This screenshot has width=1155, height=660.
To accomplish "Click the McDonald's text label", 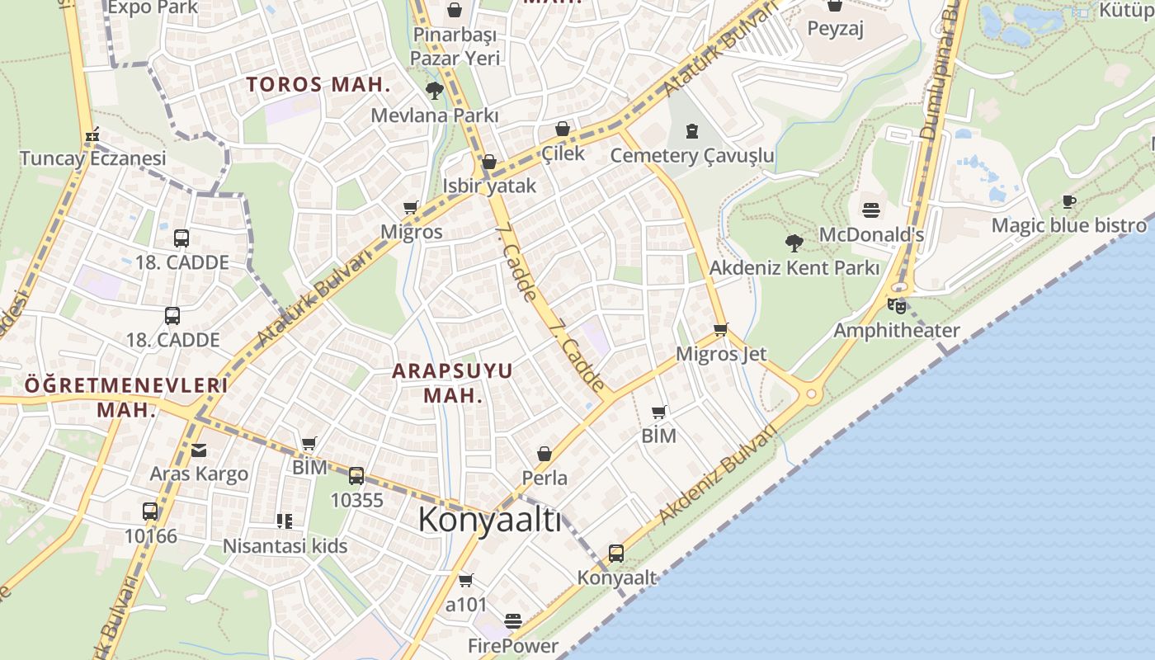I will (x=871, y=235).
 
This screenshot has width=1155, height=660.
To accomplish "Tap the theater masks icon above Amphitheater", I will (x=897, y=306).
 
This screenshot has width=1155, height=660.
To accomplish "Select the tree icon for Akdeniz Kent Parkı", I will (x=794, y=243).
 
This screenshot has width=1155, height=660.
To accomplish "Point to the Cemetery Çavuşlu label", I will (x=692, y=156).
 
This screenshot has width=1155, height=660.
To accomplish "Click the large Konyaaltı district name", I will (x=489, y=521).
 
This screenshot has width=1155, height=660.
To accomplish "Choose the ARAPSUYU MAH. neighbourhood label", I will (x=452, y=383).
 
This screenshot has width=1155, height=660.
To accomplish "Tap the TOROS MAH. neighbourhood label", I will (x=318, y=84).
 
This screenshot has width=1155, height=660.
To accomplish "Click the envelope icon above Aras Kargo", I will (x=199, y=450).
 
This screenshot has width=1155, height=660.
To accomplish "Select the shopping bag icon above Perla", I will (x=544, y=454).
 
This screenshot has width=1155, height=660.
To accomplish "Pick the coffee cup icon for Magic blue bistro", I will (x=1069, y=202).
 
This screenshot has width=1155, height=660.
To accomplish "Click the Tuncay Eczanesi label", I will (x=92, y=158).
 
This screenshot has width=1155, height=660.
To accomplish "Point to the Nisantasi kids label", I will (x=285, y=546).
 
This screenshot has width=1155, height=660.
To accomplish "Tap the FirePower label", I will (x=513, y=645).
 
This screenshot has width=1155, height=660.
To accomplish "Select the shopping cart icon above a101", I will (x=466, y=581).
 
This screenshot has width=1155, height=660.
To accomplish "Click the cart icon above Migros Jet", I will (x=721, y=330).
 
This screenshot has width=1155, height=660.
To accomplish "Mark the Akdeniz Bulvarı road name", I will (x=718, y=476).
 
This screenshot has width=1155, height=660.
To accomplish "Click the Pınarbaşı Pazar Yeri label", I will (x=455, y=46).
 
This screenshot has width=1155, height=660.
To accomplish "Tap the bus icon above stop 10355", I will (x=356, y=476).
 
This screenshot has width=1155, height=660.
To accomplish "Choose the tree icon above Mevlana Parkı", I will (x=435, y=91).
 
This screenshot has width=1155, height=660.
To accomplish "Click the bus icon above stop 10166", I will (x=150, y=511).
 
